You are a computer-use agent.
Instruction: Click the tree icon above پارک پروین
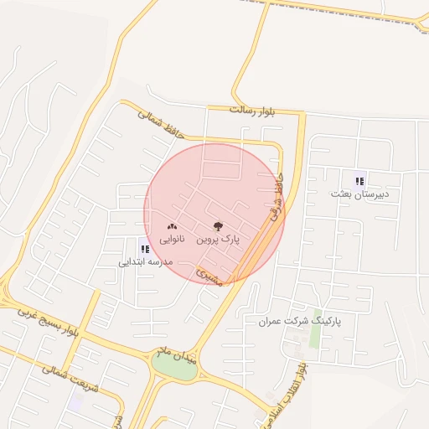[218, 226]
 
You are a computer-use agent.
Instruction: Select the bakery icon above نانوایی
[173, 226]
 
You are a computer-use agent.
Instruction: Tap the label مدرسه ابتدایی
[144, 261]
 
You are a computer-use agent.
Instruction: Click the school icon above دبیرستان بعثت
[359, 180]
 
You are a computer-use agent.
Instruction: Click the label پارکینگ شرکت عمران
[300, 321]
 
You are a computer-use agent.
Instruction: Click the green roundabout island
[174, 367]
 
